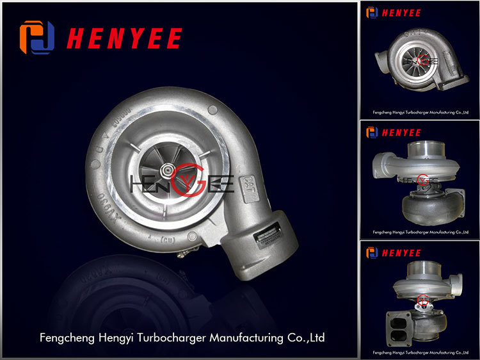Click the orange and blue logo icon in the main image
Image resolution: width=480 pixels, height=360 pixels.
click(37, 37)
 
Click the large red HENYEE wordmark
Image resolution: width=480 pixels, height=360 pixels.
click(124, 38)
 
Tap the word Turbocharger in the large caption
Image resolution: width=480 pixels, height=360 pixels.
click(172, 336)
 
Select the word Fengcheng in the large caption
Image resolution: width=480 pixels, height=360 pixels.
click(65, 336)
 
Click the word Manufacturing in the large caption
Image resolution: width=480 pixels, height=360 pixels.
click(246, 336)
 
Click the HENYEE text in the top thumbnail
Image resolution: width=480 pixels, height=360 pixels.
click(401, 12)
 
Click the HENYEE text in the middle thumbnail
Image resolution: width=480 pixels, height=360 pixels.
click(401, 133)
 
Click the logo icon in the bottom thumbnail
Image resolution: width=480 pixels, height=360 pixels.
click(372, 252)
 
